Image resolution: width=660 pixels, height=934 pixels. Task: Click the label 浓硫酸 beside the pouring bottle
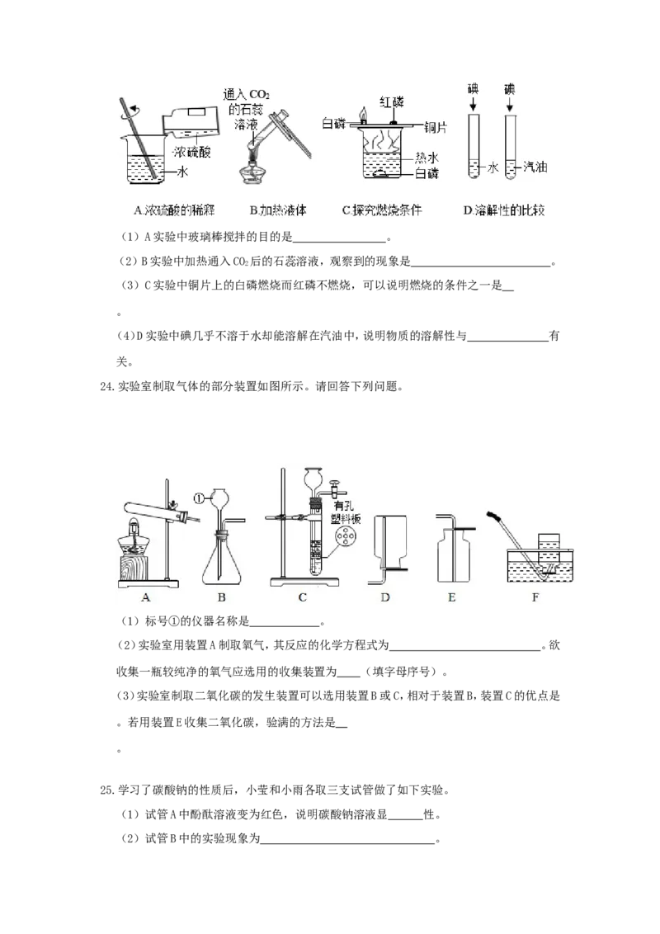point(192,152)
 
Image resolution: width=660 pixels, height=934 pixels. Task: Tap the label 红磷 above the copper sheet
point(391,102)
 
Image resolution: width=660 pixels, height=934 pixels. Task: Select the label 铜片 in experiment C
point(436,127)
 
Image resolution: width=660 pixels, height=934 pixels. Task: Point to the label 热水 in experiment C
point(427,158)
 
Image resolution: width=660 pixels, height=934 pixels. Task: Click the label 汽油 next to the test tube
point(535,167)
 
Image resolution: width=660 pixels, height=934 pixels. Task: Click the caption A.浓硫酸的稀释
point(174,210)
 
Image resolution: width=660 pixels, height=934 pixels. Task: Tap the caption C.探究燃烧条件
point(382,210)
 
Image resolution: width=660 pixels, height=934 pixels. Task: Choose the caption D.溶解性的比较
point(504,210)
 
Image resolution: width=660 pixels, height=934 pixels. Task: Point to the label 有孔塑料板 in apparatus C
point(346,512)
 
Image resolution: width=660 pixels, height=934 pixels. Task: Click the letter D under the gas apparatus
point(384,597)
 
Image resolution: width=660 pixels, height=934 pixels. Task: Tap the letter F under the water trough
point(535,597)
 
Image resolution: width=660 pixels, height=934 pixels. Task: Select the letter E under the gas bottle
point(451,597)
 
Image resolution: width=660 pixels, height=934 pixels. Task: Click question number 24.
point(106,387)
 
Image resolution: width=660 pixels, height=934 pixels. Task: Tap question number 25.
point(106,790)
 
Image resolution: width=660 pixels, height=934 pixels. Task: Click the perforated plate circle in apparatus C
point(344,538)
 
